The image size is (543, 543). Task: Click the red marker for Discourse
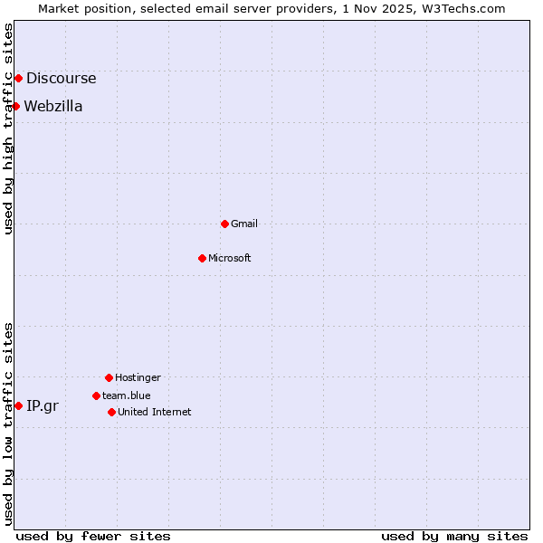[18, 79]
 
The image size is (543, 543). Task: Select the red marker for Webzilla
[15, 107]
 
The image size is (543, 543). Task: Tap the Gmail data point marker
[224, 224]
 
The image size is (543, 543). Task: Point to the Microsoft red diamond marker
[202, 258]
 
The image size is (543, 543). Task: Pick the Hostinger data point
[109, 377]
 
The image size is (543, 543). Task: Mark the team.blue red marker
[96, 395]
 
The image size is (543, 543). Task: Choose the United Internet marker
[111, 412]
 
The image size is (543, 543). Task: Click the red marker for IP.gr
[18, 405]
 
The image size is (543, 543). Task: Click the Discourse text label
[61, 79]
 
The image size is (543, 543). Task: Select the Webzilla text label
[53, 107]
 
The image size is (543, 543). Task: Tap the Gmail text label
[244, 224]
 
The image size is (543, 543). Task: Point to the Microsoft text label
[230, 258]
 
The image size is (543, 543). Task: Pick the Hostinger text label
[138, 377]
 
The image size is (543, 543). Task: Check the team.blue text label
[127, 395]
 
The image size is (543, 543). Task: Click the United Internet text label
[155, 412]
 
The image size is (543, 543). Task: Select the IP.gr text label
[43, 405]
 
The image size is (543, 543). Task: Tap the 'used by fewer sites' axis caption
[93, 536]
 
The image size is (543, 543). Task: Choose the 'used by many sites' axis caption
[454, 536]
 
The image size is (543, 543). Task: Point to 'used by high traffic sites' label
[8, 129]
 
